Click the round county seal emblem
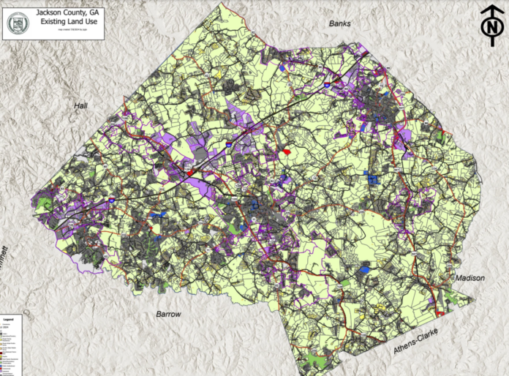pos(18,23)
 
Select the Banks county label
pos(340,23)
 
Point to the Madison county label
pos(470,279)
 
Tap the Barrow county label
pos(167,314)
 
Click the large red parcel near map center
pos(287,151)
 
